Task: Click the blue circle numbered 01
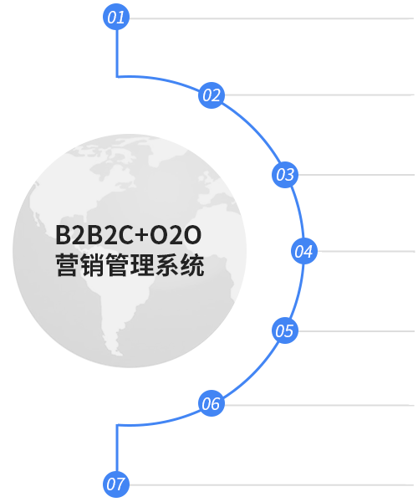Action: [116, 17]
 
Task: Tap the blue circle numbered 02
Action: [212, 95]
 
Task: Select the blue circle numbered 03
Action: [285, 175]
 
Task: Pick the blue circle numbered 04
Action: [304, 251]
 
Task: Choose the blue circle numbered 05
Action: [285, 330]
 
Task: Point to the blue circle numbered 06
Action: [212, 403]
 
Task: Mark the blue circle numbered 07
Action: [116, 484]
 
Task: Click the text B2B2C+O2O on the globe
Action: [128, 235]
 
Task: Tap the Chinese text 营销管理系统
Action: [130, 264]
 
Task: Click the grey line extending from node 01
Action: [272, 18]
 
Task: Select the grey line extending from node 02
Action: [319, 95]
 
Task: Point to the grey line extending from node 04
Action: [366, 251]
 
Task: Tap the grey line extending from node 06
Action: [319, 405]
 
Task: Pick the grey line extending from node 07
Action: [272, 485]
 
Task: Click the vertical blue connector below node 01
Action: [117, 54]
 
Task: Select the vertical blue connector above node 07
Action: [117, 448]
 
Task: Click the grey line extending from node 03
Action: [356, 175]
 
